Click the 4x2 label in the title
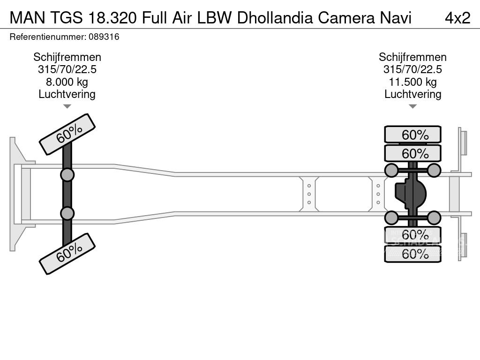coord(457,17)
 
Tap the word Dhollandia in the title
coord(276,17)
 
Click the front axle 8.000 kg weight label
coord(67,82)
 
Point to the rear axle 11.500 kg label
coord(412,82)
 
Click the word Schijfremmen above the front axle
coord(67,57)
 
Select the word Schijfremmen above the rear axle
coord(412,57)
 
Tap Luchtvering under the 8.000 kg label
coord(67,94)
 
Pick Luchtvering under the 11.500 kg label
coord(412,94)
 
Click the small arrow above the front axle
coord(67,106)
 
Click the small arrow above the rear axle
coord(412,106)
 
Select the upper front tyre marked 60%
coord(67,134)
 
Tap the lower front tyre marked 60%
coord(67,254)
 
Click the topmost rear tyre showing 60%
coord(412,135)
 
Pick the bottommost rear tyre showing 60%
coord(412,254)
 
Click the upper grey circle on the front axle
coord(67,175)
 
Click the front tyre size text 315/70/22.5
coord(67,70)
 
